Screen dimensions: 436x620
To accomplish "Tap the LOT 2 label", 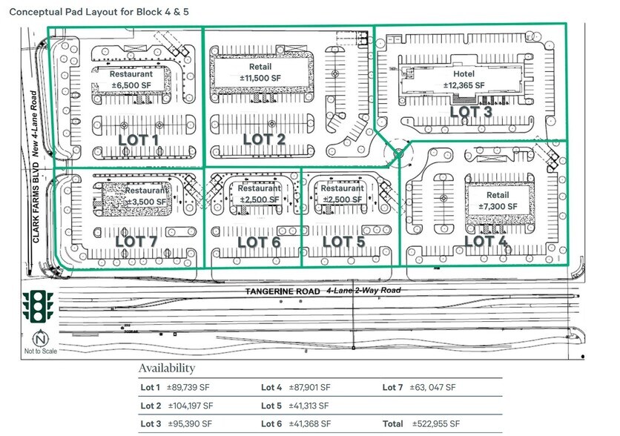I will [x=264, y=139].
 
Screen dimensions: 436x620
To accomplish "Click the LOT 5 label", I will [x=343, y=241].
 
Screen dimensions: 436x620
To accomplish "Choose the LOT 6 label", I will [x=259, y=241].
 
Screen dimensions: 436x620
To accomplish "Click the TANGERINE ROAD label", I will [x=283, y=291].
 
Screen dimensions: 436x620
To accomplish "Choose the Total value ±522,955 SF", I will [x=441, y=425].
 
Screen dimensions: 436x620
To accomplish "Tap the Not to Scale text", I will [x=33, y=350].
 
